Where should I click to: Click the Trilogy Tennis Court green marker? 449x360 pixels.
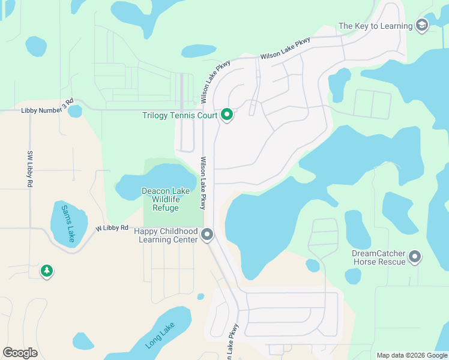(x=227, y=114)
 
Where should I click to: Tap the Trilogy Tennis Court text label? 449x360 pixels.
(x=180, y=115)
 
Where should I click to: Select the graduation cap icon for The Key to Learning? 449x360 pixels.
(x=422, y=25)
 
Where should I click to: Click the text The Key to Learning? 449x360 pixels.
(x=376, y=26)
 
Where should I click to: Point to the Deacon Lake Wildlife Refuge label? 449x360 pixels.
(x=166, y=199)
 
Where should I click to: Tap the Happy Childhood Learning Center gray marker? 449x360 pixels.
(x=207, y=235)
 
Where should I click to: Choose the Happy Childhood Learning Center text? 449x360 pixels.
(x=166, y=235)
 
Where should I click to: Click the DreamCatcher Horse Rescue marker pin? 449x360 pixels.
(x=415, y=257)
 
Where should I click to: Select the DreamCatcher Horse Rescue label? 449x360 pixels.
(x=378, y=258)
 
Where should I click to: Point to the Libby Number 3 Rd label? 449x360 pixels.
(x=47, y=107)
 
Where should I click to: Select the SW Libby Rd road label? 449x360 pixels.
(x=29, y=169)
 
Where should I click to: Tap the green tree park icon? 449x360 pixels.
(x=47, y=271)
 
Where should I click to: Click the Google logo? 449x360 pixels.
(x=20, y=352)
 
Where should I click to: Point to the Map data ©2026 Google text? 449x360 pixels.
(x=411, y=355)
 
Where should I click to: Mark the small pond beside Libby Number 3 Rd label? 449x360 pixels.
(x=75, y=112)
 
